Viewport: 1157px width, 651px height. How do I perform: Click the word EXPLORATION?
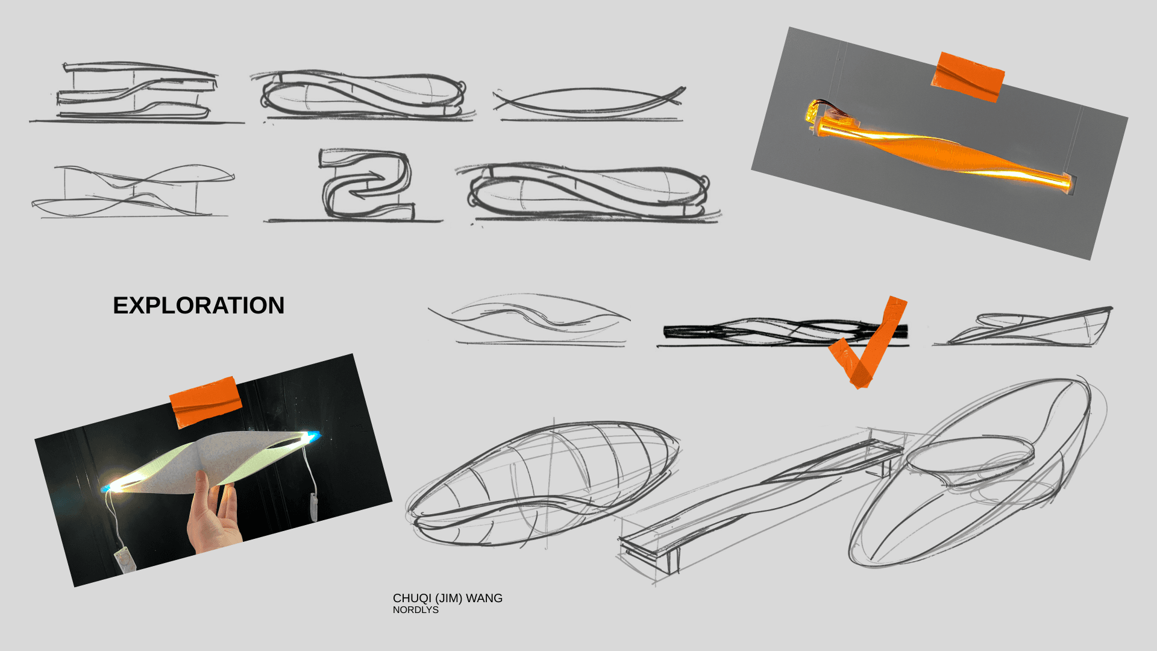coord(198,306)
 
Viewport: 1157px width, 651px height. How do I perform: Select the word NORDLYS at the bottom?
coord(415,610)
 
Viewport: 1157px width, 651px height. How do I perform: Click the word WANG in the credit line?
coord(484,598)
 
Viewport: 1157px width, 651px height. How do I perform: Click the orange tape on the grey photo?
coord(968,77)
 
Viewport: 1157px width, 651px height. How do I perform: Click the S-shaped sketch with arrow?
coord(365,184)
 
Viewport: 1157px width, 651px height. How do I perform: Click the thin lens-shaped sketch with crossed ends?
coord(589,101)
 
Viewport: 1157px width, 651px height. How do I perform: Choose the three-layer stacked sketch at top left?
coord(136,90)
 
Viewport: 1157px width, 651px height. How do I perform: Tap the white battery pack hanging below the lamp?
coord(125,559)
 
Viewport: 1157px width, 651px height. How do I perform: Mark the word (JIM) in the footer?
coord(448,598)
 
